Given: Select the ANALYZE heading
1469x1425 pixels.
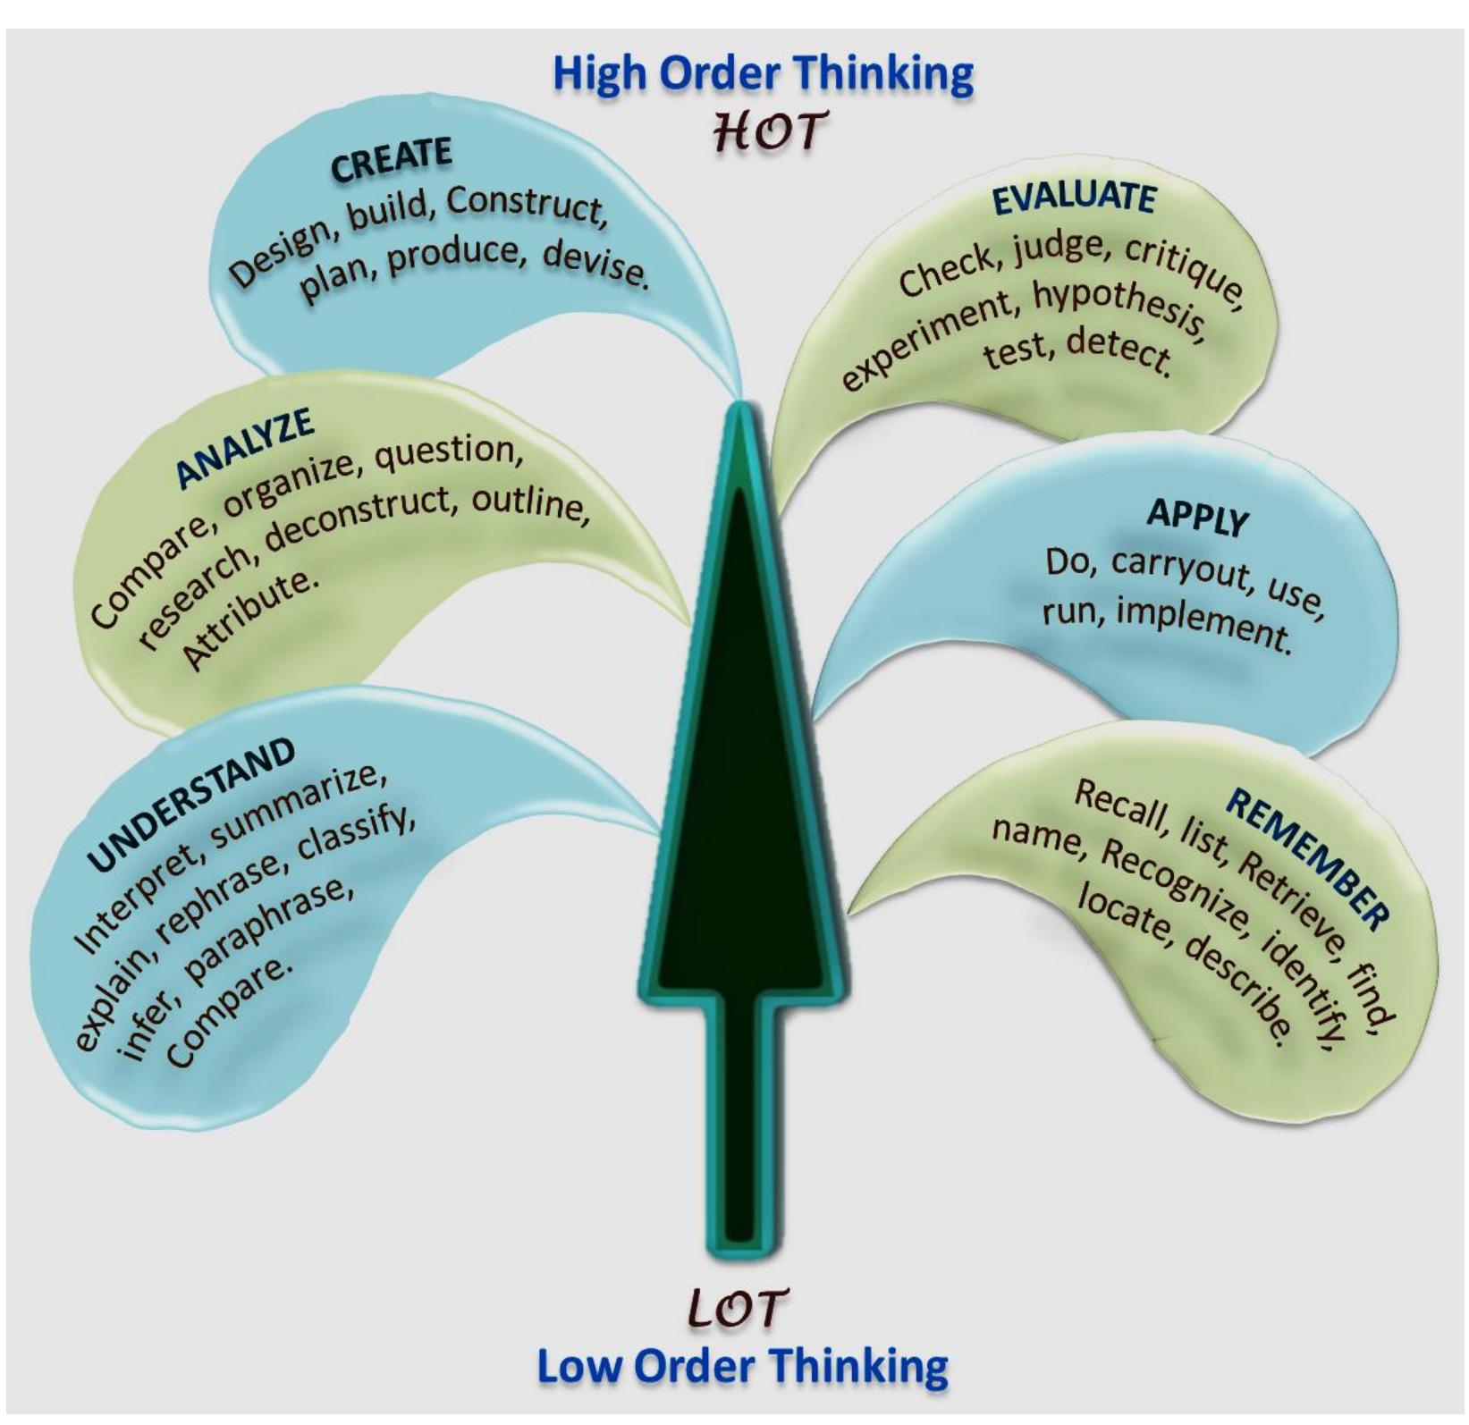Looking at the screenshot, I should tap(244, 448).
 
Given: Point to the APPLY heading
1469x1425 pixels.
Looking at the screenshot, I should tap(1197, 517).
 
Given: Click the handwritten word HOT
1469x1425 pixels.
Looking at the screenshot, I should tap(764, 131).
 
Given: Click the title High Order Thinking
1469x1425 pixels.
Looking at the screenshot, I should tap(763, 73).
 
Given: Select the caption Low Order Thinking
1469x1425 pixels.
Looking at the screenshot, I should tap(742, 1366).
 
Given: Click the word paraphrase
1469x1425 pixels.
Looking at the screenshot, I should tap(268, 929).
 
